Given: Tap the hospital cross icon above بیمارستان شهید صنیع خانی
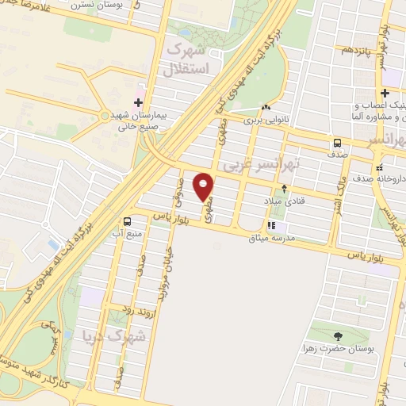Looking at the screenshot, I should (x=139, y=101).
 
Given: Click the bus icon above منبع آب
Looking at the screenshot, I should (x=127, y=221).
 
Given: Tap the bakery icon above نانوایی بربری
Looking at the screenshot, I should (x=265, y=108).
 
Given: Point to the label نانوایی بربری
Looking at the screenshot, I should (x=262, y=121).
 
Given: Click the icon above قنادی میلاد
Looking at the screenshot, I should (x=285, y=189).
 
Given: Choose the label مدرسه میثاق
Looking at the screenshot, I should (x=271, y=238).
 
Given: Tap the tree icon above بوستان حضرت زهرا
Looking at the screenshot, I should (x=339, y=335).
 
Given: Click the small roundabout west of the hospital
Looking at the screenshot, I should (x=106, y=102).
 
